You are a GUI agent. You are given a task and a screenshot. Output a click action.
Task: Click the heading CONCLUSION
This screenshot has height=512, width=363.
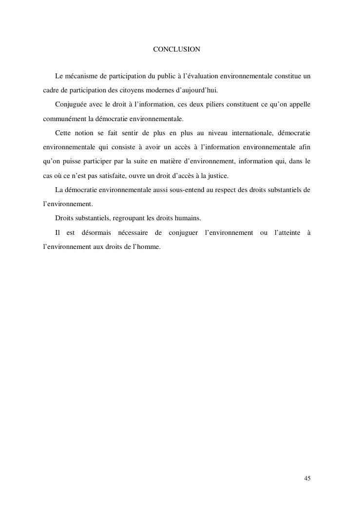click(x=176, y=50)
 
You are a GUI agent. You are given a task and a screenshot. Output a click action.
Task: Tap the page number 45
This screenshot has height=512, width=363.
click(x=307, y=478)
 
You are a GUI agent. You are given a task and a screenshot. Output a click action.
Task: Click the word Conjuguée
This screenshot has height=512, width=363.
click(x=71, y=105)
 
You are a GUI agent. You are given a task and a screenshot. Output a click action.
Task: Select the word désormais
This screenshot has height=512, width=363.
click(x=93, y=233)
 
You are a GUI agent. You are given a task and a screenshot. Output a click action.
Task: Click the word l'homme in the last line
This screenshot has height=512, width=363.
click(x=146, y=247)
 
